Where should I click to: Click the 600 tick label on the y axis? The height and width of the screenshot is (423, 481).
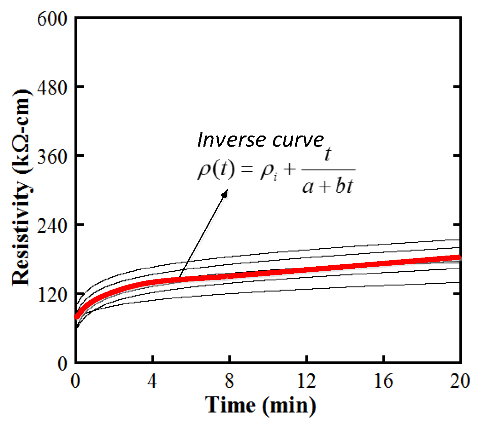pos(52,19)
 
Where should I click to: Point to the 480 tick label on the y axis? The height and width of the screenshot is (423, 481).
pos(52,88)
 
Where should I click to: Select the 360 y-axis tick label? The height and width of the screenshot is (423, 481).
pos(52,157)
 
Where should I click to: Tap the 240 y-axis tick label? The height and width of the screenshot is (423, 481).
pos(52,226)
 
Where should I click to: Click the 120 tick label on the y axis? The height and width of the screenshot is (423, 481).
pos(52,295)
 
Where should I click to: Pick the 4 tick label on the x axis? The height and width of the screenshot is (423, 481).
pos(152,381)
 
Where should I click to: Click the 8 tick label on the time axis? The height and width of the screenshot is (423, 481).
pos(229,381)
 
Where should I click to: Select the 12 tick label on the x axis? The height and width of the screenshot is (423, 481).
pos(306,381)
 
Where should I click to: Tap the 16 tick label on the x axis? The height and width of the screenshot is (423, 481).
pos(383,381)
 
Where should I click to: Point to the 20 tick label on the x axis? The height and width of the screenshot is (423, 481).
pos(460,381)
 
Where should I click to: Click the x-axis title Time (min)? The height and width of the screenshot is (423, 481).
pos(261,405)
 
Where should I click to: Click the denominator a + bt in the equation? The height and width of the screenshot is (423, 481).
pos(328,186)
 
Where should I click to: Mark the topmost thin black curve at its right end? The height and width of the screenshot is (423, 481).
pos(458,240)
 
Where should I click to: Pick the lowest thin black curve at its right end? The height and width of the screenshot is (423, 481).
pos(458,282)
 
